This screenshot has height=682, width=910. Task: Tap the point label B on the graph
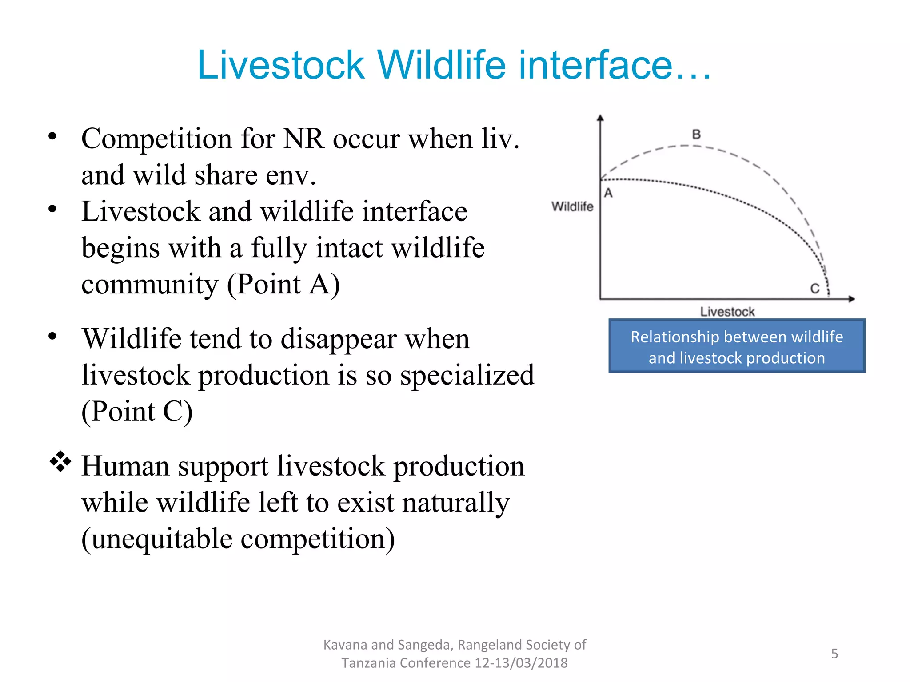tap(696, 134)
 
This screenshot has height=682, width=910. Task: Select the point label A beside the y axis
tap(608, 193)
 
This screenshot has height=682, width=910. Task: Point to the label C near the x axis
tap(814, 289)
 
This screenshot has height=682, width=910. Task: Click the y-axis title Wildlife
tap(572, 206)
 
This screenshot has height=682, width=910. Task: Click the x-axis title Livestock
tap(727, 312)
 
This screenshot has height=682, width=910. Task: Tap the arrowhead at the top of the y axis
tap(600, 118)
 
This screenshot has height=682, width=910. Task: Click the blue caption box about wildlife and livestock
tap(737, 346)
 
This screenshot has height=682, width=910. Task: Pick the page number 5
tap(834, 654)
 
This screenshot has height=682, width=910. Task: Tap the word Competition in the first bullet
tap(157, 139)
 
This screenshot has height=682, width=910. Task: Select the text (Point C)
tap(137, 412)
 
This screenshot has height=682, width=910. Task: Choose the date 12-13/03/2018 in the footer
tap(521, 663)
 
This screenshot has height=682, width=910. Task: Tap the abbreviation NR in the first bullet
tap(303, 139)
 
